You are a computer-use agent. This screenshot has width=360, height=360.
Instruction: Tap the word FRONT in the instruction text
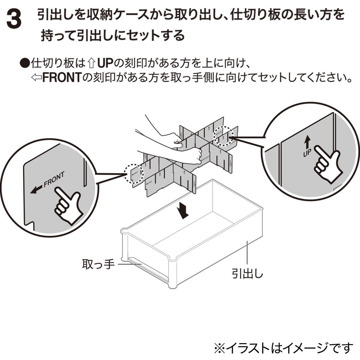click(62, 78)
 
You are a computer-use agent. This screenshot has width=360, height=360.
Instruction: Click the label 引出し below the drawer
click(247, 274)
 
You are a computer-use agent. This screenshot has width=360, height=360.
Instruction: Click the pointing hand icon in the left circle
click(68, 206)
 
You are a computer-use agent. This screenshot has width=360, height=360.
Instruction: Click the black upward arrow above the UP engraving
click(307, 141)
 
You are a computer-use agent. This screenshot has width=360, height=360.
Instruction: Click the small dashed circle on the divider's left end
click(134, 173)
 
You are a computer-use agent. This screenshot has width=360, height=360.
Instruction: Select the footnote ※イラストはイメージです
click(283, 348)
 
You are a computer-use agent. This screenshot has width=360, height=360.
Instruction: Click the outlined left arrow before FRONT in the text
click(36, 78)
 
